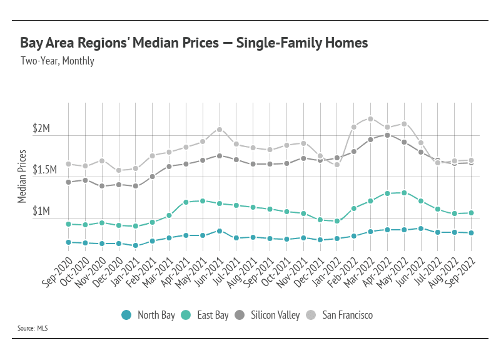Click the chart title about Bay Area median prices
[194, 43]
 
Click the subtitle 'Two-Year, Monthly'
[57, 61]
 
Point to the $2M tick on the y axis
[41, 129]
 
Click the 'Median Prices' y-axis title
[22, 177]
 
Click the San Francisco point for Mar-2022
[370, 119]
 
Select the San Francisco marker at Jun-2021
[220, 130]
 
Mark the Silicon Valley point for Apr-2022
[387, 135]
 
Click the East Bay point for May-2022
[404, 193]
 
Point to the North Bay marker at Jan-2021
[135, 245]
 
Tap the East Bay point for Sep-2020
[68, 224]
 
